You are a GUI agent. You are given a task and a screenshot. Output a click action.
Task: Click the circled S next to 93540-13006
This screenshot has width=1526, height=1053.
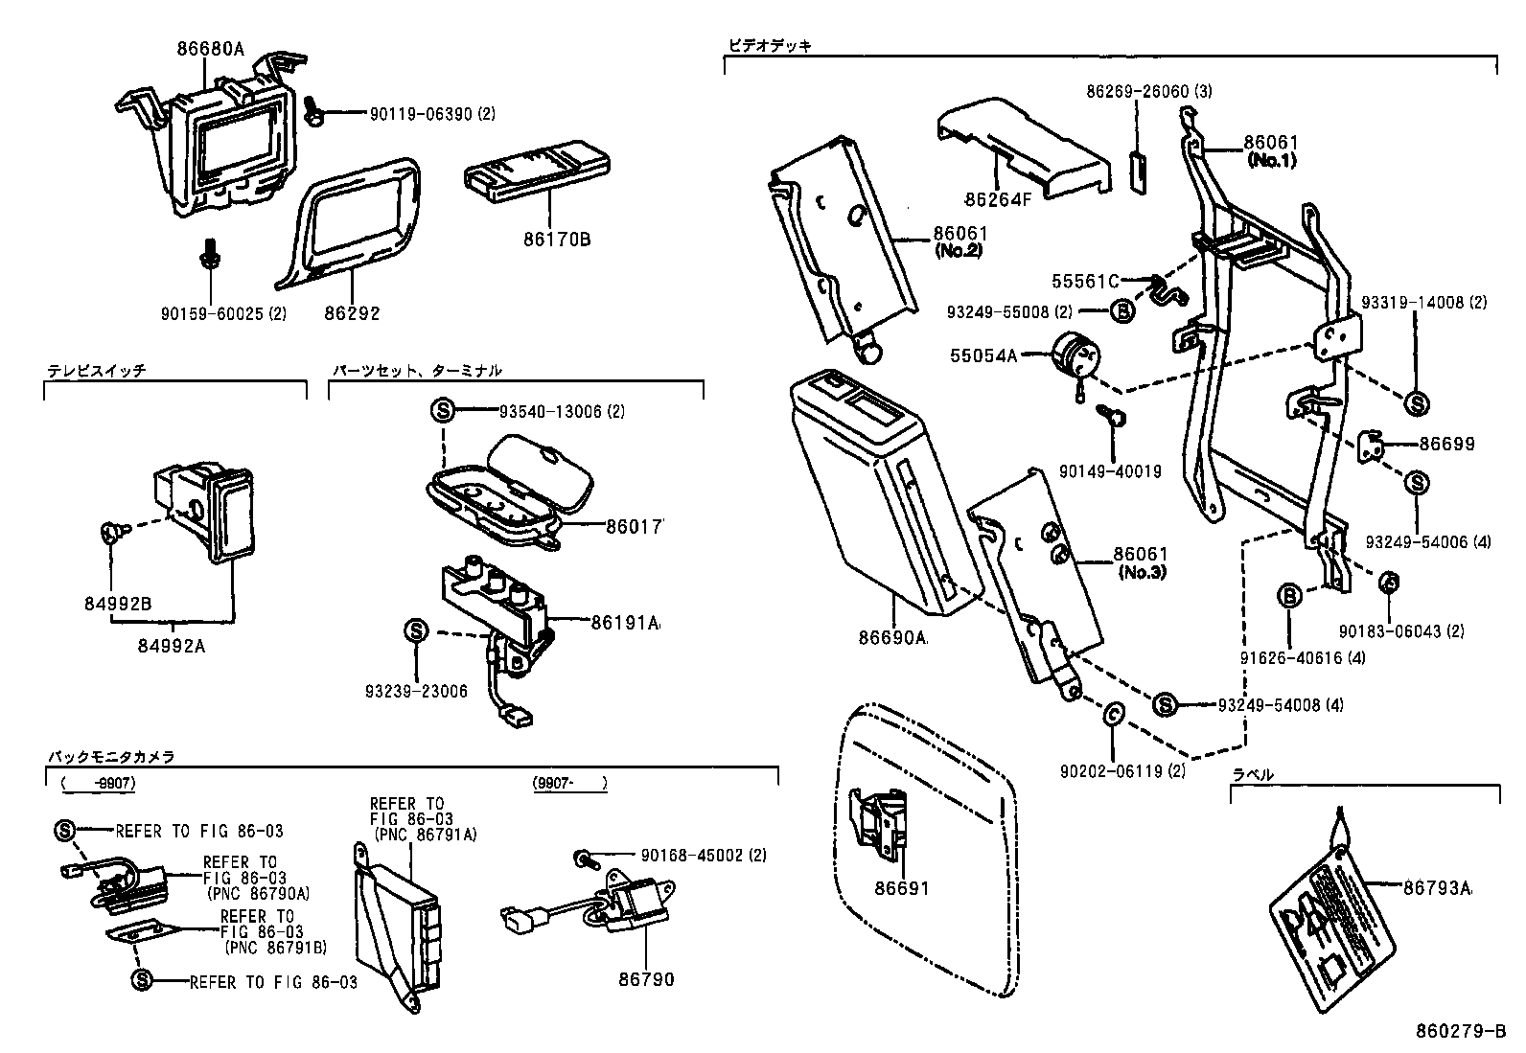coord(443,411)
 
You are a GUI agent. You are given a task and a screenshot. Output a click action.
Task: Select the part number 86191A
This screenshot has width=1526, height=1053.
coord(625,623)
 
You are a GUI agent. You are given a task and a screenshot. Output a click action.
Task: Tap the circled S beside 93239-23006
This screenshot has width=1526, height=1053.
coord(416,631)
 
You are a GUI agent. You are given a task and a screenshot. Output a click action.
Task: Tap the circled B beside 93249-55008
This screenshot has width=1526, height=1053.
coord(1122,310)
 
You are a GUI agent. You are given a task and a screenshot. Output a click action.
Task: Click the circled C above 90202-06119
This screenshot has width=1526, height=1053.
coord(1113,713)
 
